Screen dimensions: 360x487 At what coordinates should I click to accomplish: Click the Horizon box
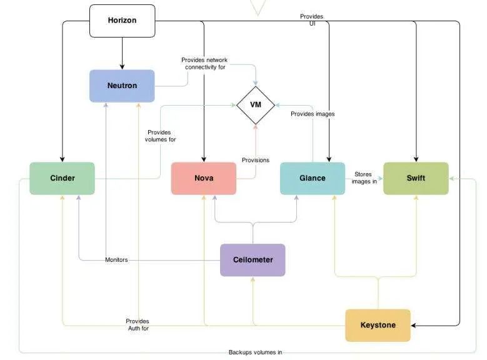click(122, 21)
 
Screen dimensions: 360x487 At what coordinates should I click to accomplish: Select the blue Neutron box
click(122, 86)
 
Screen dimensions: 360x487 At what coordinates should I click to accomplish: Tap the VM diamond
click(256, 105)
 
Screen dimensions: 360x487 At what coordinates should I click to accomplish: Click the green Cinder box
click(63, 178)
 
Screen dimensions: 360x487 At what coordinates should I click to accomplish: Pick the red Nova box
click(204, 178)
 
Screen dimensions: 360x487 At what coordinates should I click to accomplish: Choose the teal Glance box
click(312, 178)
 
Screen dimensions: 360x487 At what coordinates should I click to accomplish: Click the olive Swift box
click(416, 178)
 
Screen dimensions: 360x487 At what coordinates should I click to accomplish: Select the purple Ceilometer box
click(253, 260)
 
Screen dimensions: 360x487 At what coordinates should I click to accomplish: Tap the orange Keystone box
click(378, 325)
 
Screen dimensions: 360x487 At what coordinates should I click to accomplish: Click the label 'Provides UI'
click(311, 20)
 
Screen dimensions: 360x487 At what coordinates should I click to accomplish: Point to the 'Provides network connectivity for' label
click(204, 64)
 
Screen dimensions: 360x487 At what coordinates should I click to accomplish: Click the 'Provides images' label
click(313, 114)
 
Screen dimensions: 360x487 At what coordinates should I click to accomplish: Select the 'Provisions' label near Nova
click(256, 161)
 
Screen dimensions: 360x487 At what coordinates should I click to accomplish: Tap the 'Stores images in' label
click(364, 178)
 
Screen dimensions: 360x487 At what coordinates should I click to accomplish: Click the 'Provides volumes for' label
click(161, 136)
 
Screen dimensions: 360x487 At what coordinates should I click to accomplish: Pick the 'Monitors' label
click(116, 260)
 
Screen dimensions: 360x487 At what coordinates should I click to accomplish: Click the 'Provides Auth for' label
click(138, 324)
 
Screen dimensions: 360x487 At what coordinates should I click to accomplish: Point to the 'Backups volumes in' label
click(255, 352)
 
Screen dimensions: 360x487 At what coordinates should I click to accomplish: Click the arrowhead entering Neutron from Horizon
click(122, 66)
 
